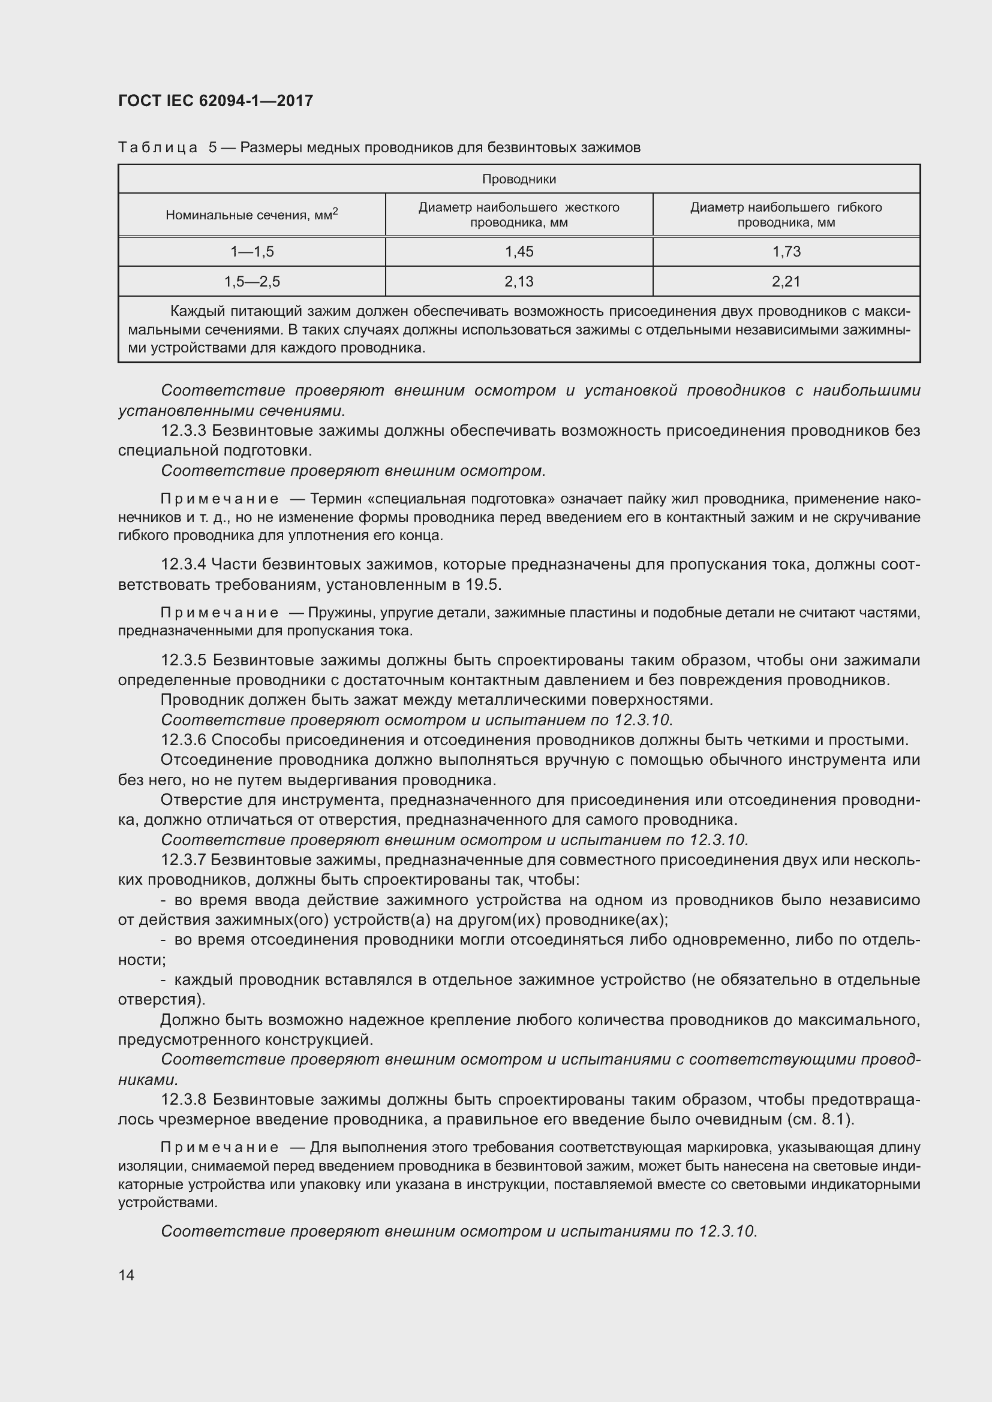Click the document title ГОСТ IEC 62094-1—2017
(215, 101)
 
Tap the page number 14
(127, 1275)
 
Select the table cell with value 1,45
(519, 252)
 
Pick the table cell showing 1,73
(786, 252)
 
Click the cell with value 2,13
(519, 282)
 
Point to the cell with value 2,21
(786, 282)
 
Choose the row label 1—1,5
(252, 252)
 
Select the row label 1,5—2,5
(252, 282)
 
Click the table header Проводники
(519, 179)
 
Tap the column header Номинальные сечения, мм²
(252, 215)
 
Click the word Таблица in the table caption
(158, 148)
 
